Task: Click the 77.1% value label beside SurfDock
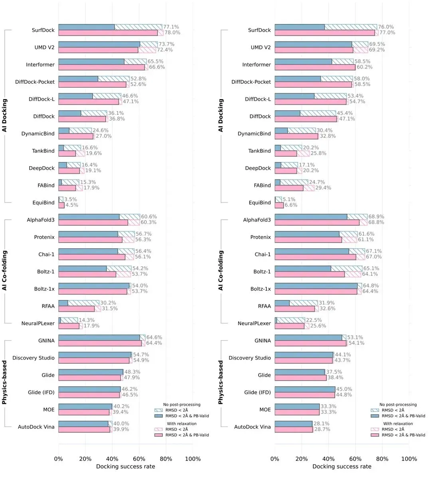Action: coord(172,27)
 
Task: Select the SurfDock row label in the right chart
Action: coord(259,30)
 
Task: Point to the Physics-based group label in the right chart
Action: coord(221,383)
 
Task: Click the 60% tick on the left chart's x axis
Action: coord(139,459)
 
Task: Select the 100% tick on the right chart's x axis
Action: coord(409,459)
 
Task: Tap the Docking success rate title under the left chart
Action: coord(126,466)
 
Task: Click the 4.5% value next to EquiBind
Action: coord(72,205)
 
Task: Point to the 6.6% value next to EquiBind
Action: coord(291,205)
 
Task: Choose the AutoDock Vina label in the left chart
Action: coord(36,427)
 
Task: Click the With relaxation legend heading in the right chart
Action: coord(398,424)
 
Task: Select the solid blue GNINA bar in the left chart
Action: coord(99,338)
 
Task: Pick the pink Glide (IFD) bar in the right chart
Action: coord(305,395)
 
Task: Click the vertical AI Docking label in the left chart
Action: coord(5,116)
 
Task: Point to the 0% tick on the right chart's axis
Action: coord(275,459)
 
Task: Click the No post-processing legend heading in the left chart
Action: coord(182,405)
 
